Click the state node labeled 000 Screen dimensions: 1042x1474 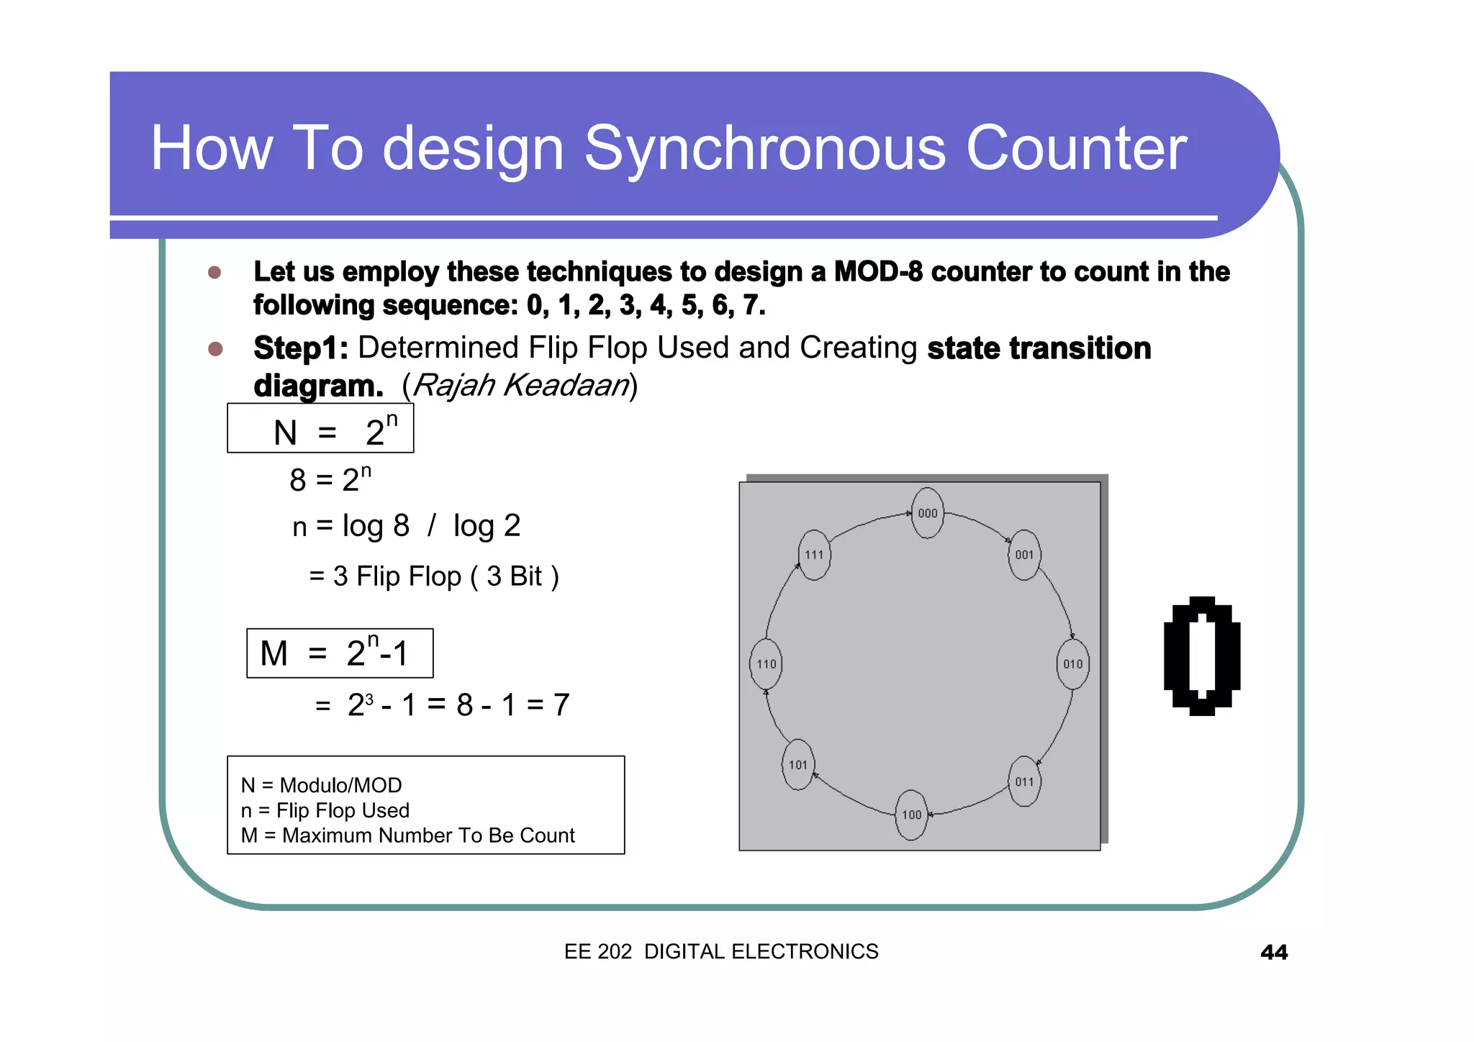tap(927, 513)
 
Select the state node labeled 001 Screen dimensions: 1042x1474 tap(1024, 555)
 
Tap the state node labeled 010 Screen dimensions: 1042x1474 tap(1072, 663)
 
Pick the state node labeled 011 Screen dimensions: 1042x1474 tap(1024, 781)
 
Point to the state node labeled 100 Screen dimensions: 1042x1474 tap(911, 815)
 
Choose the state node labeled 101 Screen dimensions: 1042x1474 tap(798, 765)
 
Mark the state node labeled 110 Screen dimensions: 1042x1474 tap(766, 663)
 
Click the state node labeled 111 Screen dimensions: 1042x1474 tap(814, 555)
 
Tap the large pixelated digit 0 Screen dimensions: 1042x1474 tap(1201, 656)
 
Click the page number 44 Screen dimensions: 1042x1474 tap(1273, 952)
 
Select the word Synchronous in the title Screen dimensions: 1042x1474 tap(764, 148)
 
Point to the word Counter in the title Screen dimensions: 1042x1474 tap(1076, 148)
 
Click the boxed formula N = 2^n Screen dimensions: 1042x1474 tap(320, 429)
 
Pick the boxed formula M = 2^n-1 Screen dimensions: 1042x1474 tap(340, 653)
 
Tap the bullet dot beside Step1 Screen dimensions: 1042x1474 tap(214, 349)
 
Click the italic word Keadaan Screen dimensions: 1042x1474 tap(566, 386)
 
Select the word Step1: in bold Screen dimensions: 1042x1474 tap(301, 349)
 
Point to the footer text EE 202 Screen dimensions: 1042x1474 tap(597, 951)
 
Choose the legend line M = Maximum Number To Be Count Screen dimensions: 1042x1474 tap(407, 835)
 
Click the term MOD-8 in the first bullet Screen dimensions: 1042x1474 tap(878, 272)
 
